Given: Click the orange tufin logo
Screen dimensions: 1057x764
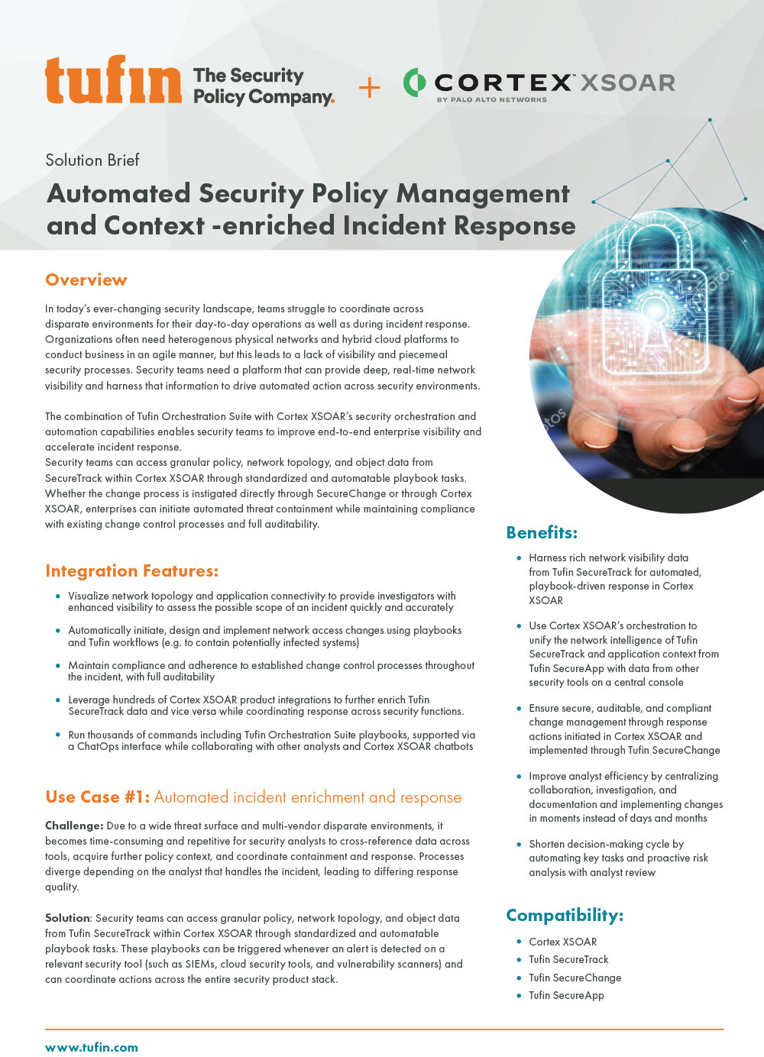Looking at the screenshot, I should (113, 80).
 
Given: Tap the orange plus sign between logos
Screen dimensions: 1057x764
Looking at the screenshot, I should (369, 88).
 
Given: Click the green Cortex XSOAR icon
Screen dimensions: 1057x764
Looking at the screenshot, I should (414, 82).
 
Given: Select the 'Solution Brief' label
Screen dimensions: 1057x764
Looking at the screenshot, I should (92, 160).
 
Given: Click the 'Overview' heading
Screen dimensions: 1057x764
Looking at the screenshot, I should (86, 280).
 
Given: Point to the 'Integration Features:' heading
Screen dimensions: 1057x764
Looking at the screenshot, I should (131, 571).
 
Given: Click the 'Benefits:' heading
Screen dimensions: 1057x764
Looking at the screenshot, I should (542, 532).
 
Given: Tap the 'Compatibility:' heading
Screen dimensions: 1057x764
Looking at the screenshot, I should (565, 915).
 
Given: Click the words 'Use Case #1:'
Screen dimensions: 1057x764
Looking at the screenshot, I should (97, 797).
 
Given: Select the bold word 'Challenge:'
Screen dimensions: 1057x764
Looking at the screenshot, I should (74, 826).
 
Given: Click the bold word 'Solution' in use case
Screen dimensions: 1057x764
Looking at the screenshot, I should (67, 918).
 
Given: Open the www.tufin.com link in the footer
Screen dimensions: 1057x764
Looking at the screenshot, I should (92, 1047).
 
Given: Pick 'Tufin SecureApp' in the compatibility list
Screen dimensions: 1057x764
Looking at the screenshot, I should (566, 995).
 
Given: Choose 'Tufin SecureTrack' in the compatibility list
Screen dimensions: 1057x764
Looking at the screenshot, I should (568, 959).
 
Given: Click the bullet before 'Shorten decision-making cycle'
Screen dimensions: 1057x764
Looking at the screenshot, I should (520, 844).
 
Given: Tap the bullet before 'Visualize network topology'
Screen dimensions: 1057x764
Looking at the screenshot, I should (58, 596).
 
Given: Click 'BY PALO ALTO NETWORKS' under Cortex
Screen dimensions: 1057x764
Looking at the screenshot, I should (491, 99).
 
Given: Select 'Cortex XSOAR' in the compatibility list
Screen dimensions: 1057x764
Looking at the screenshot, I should (562, 942).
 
